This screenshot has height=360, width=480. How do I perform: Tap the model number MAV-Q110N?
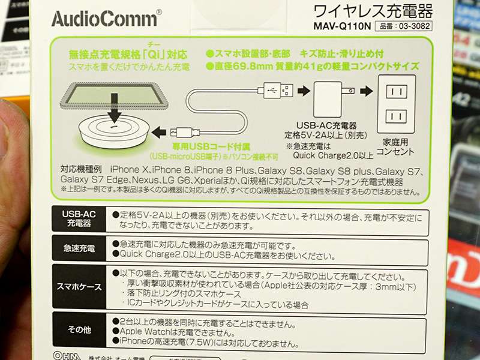pos(342,26)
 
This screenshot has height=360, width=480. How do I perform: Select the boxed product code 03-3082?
pos(403,26)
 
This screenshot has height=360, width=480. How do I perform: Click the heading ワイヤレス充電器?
pos(373,11)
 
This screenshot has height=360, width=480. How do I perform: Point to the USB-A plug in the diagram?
pos(275,91)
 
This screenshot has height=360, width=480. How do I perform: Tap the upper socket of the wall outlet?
pos(397,91)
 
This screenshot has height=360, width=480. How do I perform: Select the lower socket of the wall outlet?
pos(396,116)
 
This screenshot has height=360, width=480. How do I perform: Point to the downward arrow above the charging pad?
pos(114,108)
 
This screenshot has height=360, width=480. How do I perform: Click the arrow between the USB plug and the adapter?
pos(304,91)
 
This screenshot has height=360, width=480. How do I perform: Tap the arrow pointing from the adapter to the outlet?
pos(366,91)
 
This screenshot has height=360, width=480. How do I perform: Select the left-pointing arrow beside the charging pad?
pos(158,132)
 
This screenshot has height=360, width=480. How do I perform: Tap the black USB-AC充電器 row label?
pos(79,218)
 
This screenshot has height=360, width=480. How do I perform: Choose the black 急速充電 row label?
pos(79,248)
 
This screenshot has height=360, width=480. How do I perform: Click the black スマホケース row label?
pos(79,287)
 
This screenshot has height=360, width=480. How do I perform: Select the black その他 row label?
pos(79,329)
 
